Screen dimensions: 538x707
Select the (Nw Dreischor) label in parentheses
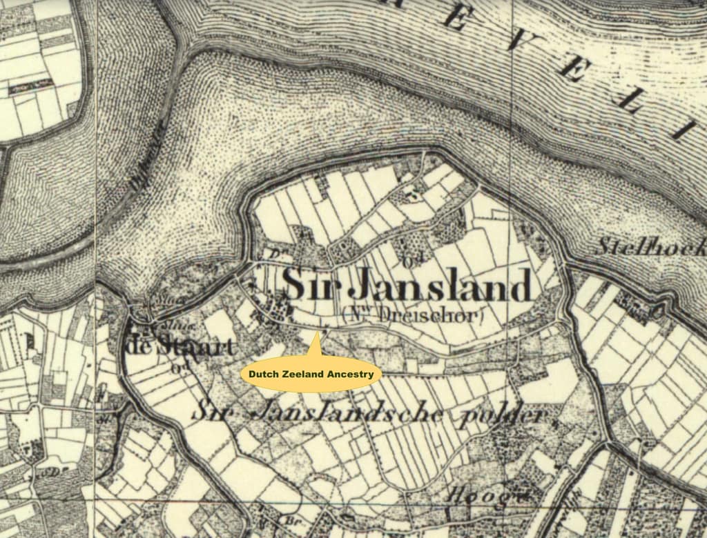click(x=413, y=316)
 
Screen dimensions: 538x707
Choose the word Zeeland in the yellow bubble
click(x=303, y=375)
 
